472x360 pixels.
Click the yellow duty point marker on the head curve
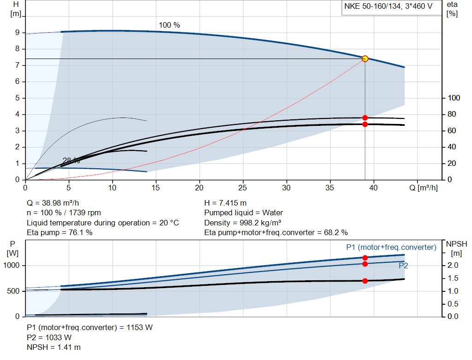(365, 59)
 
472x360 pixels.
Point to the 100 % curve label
(169, 25)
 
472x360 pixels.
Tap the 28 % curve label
(71, 160)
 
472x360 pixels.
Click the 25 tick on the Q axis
(243, 188)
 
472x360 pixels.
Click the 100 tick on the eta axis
(454, 98)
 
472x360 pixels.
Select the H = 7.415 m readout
(225, 203)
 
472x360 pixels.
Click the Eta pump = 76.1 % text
(60, 232)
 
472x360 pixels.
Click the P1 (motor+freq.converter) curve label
(391, 248)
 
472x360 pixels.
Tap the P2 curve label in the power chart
(403, 266)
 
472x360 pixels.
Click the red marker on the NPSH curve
(365, 281)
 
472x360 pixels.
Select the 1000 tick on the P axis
(12, 266)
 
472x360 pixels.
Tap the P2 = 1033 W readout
(50, 337)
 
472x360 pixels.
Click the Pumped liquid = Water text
(243, 213)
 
